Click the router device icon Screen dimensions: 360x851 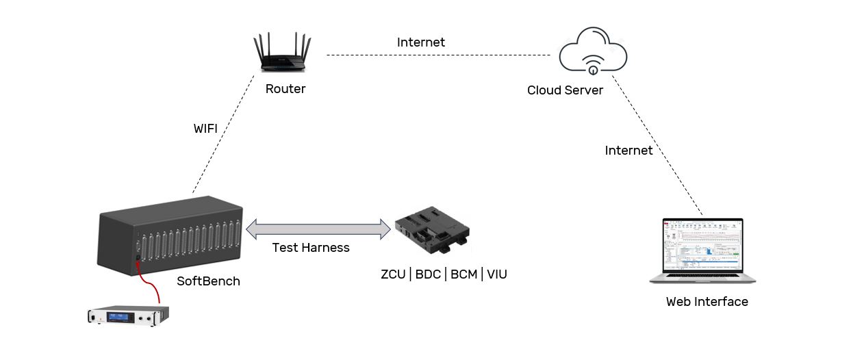(282, 55)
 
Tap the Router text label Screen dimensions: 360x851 (285, 89)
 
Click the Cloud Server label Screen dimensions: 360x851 (565, 90)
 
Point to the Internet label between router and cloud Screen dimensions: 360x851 (420, 42)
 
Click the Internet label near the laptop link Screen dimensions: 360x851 (628, 151)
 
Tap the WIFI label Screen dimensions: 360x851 (210, 129)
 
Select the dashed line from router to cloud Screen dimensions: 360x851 (438, 55)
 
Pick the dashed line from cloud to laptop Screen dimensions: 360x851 (657, 146)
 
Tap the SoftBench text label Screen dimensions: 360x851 (208, 281)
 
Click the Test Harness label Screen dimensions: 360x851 (311, 248)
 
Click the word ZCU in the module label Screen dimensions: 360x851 (394, 275)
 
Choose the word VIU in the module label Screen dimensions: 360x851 (497, 275)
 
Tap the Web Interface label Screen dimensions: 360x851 (707, 302)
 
